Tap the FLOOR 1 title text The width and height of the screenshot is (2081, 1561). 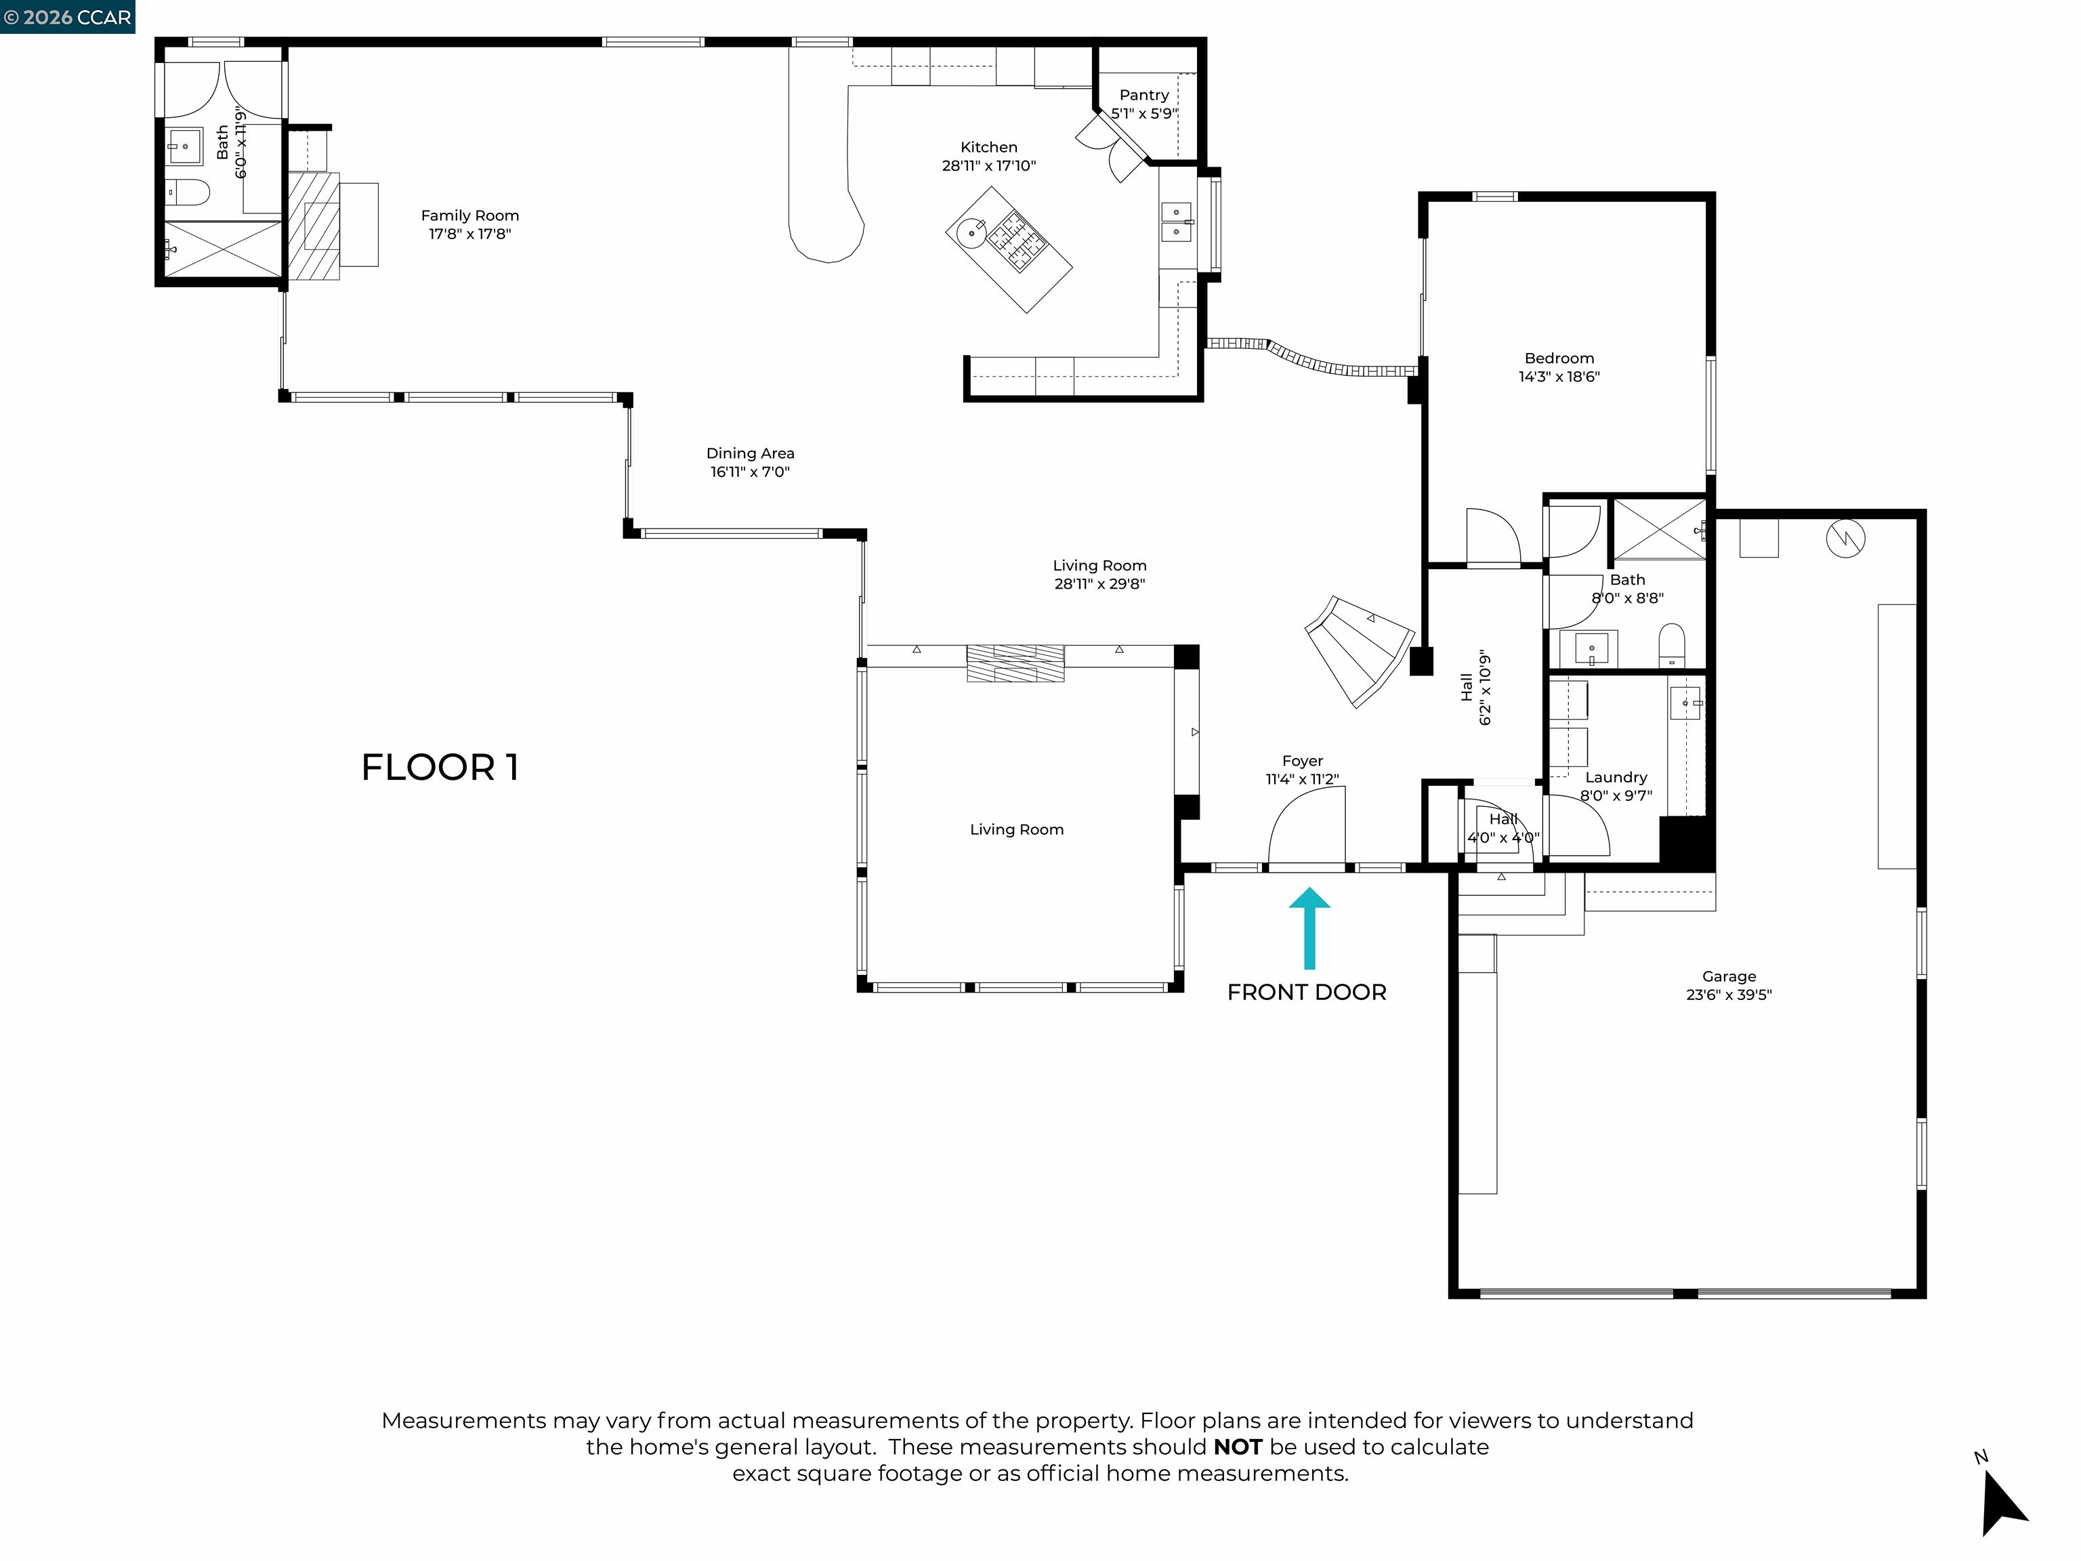440,768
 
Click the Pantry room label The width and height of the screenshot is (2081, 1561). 1144,95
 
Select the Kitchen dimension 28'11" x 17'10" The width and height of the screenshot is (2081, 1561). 989,165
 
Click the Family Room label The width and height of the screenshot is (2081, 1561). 469,215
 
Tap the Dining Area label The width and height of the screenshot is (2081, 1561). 750,453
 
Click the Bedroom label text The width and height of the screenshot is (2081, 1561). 1559,358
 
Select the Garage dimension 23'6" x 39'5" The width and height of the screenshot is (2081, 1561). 1728,995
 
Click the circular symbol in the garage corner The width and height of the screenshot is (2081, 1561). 1845,538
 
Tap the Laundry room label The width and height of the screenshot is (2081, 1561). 1616,777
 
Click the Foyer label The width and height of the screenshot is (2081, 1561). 1302,762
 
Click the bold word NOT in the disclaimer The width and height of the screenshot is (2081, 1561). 1237,1447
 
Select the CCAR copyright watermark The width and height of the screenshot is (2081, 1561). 67,17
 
